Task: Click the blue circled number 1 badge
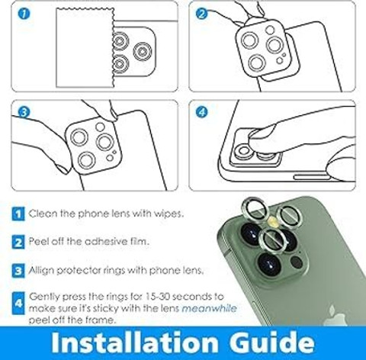point(24,14)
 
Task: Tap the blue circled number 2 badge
point(201,14)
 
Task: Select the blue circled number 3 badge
point(24,112)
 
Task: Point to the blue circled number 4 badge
point(201,112)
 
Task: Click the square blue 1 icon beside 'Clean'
point(18,214)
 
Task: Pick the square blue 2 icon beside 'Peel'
point(18,242)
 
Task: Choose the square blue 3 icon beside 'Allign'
point(18,271)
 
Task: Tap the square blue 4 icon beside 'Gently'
point(18,303)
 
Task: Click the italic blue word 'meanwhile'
point(210,308)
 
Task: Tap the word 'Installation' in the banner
point(134,342)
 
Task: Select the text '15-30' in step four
point(157,296)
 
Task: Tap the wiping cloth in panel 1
point(85,48)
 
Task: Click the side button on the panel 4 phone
point(311,177)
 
